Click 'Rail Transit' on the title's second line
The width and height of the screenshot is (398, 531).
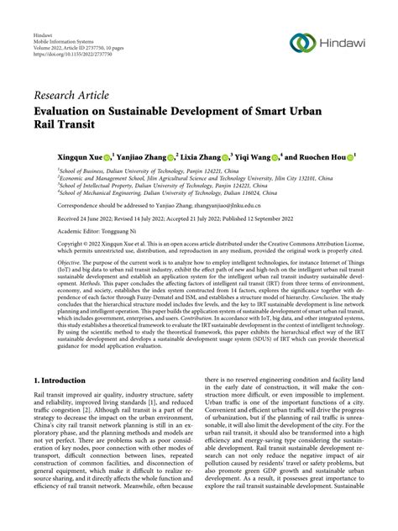[64, 125]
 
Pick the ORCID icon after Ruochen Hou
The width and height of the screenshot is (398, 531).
[348, 156]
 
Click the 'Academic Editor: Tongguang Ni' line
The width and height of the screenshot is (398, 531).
[86, 229]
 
